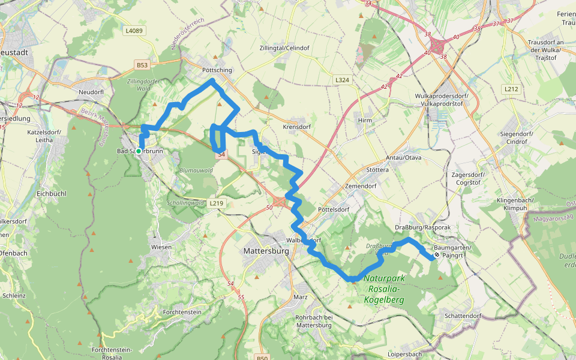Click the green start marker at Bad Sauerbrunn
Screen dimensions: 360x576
coord(139,151)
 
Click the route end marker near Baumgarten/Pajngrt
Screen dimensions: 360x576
coord(437,254)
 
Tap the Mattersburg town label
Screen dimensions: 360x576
coord(266,251)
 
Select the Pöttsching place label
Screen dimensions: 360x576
coord(214,70)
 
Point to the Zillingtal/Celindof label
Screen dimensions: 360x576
coord(284,47)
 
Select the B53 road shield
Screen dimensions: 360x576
coord(142,65)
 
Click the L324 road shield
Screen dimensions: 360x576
coord(342,79)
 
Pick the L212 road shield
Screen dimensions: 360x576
coord(511,89)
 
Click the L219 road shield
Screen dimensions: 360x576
coord(217,203)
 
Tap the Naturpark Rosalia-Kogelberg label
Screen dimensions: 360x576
coord(385,289)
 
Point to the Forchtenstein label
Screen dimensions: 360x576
coord(181,312)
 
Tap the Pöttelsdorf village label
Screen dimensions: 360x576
coord(334,209)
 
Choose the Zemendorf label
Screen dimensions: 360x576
coord(360,187)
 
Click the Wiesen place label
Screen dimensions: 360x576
coord(161,247)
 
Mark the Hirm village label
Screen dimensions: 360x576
coord(365,120)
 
